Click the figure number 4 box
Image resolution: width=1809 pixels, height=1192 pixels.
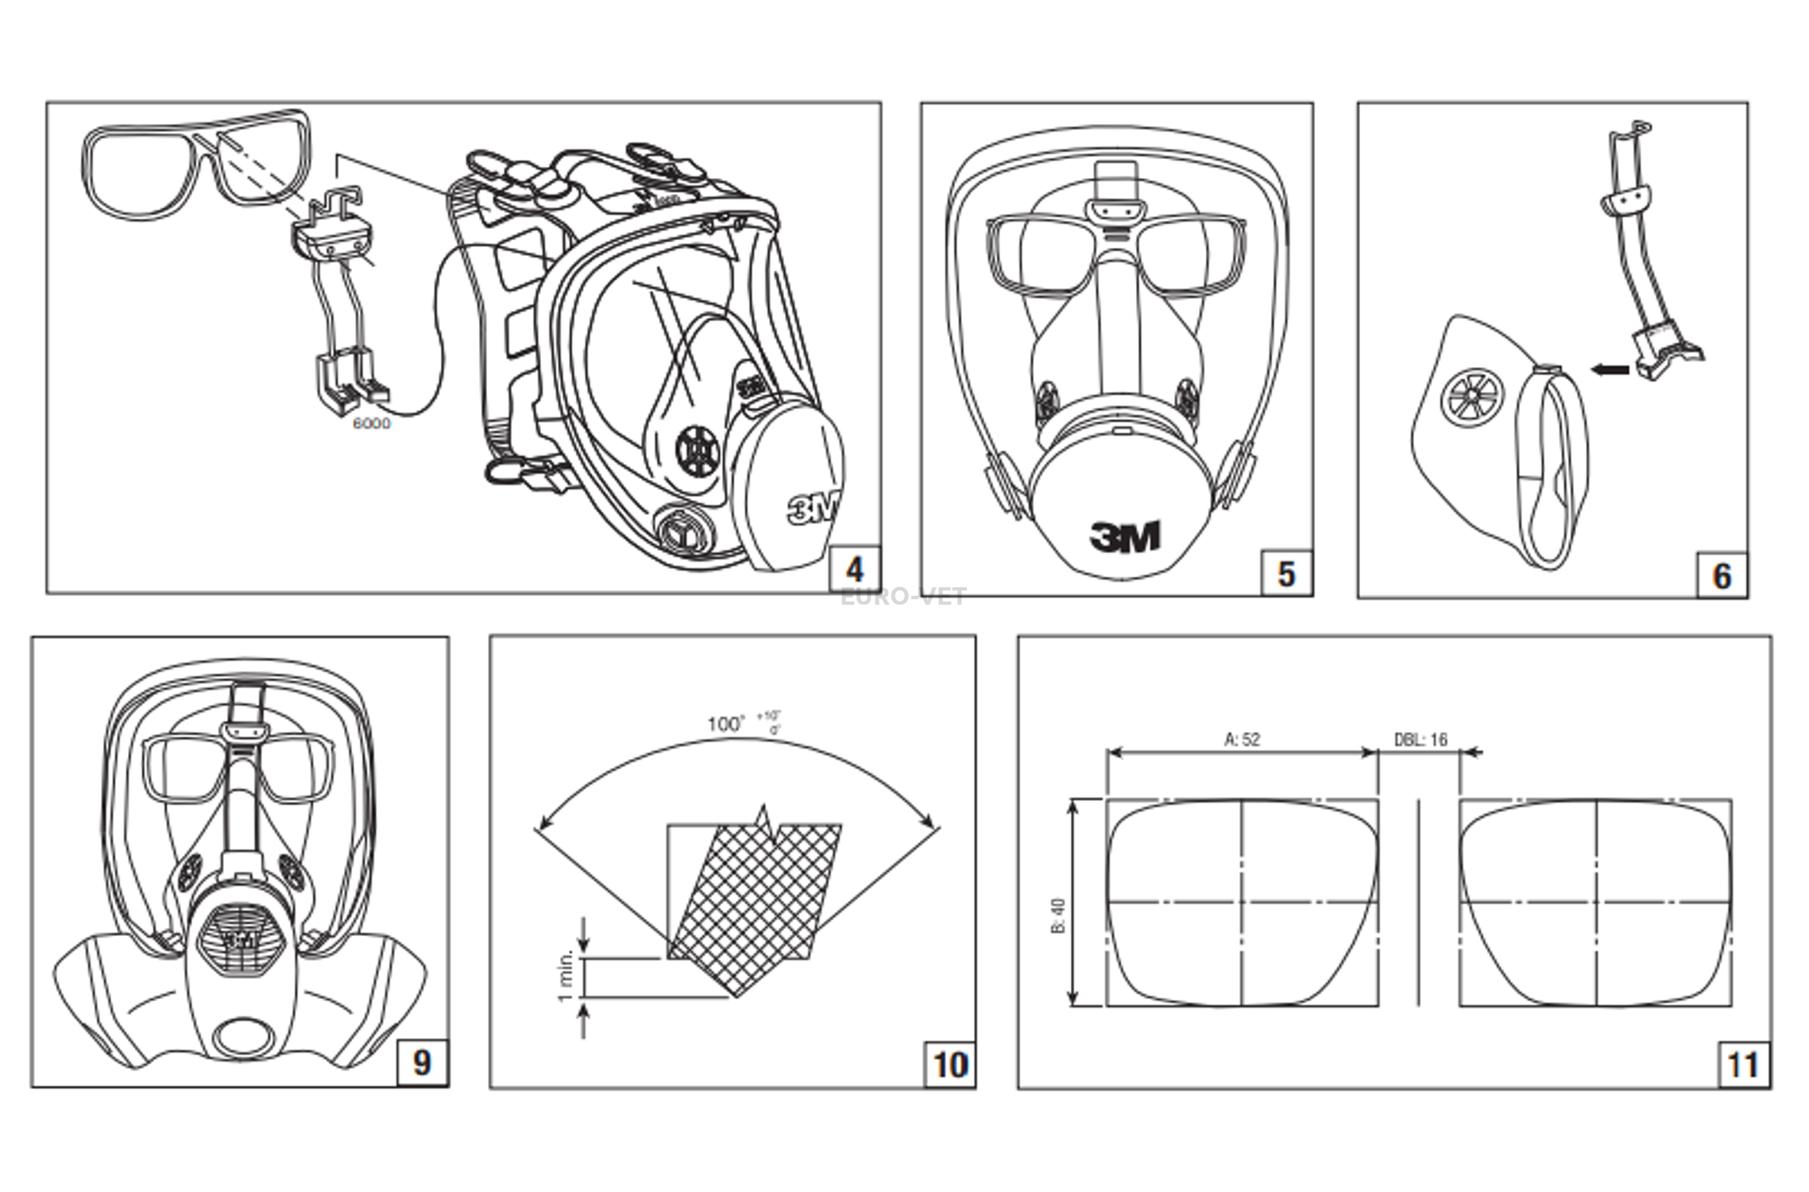(855, 569)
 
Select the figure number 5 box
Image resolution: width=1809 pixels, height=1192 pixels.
(1286, 574)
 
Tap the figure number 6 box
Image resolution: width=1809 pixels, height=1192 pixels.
(1722, 575)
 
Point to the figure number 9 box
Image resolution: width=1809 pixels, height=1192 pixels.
(421, 1062)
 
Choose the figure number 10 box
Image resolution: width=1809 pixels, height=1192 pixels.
(950, 1065)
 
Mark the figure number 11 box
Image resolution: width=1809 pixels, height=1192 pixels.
(1743, 1065)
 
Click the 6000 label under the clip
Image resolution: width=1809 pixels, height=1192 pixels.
(372, 424)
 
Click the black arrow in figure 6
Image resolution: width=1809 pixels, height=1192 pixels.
(1610, 369)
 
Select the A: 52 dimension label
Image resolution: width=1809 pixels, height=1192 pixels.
(1243, 739)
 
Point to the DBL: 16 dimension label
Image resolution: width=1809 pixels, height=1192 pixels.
(1421, 739)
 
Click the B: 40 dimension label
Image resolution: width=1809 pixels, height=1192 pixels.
(1059, 915)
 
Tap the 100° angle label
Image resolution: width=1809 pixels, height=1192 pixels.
(725, 724)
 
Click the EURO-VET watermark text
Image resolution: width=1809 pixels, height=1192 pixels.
(903, 597)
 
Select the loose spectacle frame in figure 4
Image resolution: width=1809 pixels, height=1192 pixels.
(195, 163)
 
